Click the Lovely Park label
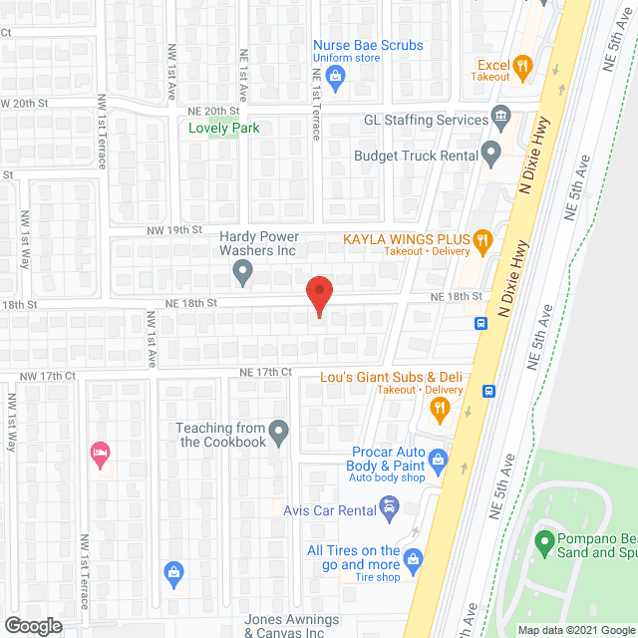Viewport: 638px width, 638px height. (x=224, y=128)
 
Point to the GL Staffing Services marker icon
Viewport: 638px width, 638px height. (x=500, y=120)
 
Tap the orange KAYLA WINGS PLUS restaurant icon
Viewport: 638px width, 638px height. (x=482, y=238)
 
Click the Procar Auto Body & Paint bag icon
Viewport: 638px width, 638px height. (x=439, y=460)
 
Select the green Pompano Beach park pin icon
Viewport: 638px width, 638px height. (x=544, y=544)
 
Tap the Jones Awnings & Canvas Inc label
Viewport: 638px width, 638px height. (x=292, y=626)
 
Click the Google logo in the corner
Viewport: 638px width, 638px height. (x=32, y=625)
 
